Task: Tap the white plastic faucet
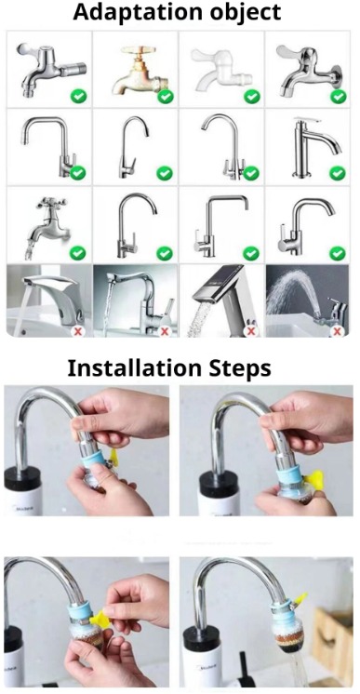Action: click(220, 70)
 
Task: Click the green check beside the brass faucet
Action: click(166, 96)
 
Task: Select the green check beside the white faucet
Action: click(252, 96)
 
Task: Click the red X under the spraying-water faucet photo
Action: click(338, 330)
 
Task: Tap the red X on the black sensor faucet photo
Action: click(251, 330)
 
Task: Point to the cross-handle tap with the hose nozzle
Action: click(47, 225)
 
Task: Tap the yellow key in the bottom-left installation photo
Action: click(100, 618)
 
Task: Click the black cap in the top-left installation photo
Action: click(22, 478)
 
